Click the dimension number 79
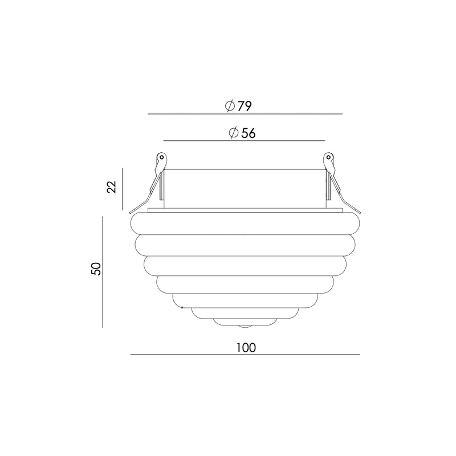coord(245,107)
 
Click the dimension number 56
coord(249,133)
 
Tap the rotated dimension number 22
coord(112,187)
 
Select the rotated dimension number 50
coord(96,268)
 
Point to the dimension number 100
coord(246,348)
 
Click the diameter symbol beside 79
coord(230,107)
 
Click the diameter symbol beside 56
coord(234,133)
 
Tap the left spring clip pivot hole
coord(161,157)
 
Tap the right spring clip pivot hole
coord(328,157)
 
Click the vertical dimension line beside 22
coord(123,189)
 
